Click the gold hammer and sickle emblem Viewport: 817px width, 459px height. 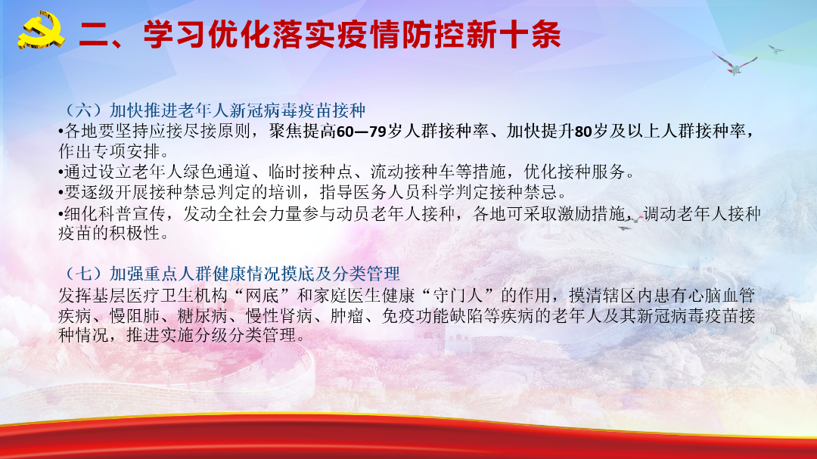(42, 31)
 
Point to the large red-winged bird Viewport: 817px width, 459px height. (735, 64)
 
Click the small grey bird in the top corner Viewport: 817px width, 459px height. (776, 49)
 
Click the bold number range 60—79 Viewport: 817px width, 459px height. (361, 132)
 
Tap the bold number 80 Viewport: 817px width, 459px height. (583, 132)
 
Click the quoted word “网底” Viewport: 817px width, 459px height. (263, 296)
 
